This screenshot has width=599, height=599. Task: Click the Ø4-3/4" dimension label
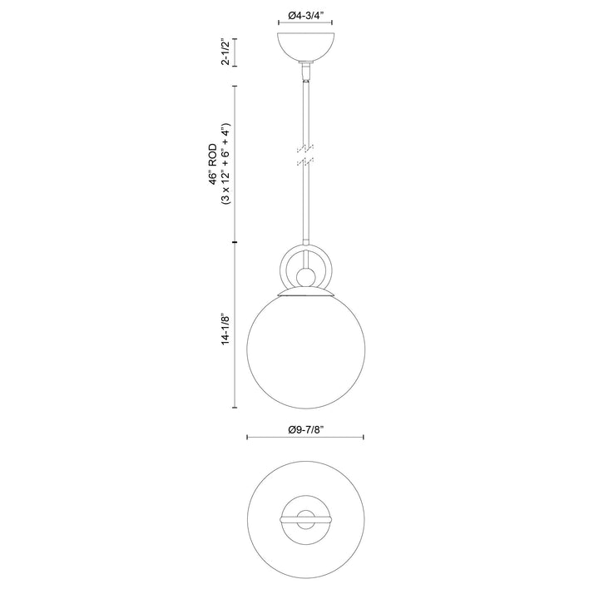[x=305, y=14]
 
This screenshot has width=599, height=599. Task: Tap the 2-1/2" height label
[x=222, y=51]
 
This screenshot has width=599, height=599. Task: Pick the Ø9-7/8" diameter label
[x=305, y=429]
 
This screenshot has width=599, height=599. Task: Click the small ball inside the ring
[x=305, y=276]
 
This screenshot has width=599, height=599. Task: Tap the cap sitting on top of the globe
[x=305, y=293]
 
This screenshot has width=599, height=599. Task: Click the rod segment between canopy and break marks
[x=305, y=108]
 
